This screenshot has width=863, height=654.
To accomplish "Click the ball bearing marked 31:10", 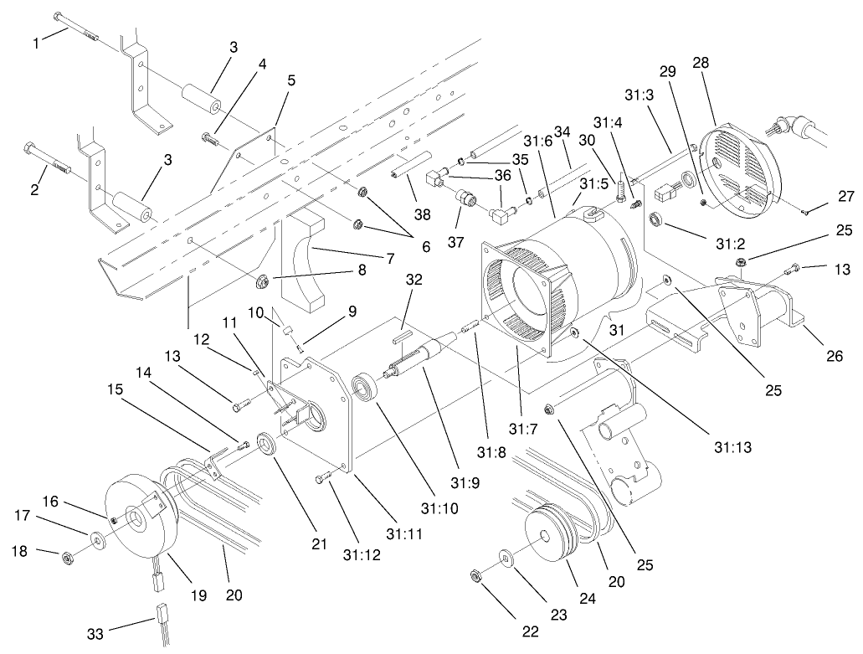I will (x=367, y=390).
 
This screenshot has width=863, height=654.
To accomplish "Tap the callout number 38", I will (x=424, y=214).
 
